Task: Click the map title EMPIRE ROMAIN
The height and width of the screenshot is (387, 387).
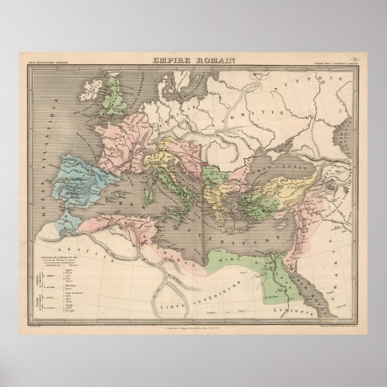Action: pos(193,59)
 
